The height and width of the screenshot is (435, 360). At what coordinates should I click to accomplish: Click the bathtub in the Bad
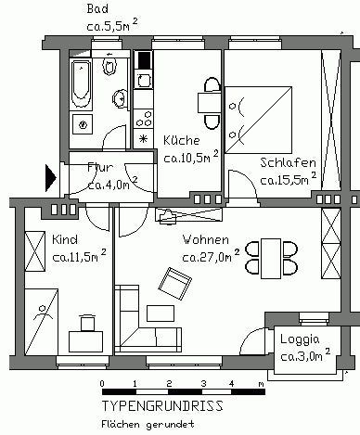[x=81, y=84]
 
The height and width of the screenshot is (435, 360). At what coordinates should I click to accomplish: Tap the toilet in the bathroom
[x=109, y=64]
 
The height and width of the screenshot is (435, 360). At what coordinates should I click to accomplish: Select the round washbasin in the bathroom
[x=120, y=98]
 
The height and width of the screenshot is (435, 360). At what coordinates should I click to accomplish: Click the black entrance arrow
[x=51, y=178]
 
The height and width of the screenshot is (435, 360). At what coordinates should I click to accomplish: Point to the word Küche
[x=182, y=140]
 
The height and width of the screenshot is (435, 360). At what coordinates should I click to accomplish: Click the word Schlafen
[x=288, y=162]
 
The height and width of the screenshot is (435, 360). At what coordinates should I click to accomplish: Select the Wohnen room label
[x=206, y=239]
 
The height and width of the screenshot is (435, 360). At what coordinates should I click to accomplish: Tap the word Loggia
[x=300, y=339]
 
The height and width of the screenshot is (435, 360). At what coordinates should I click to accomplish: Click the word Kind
[x=65, y=239]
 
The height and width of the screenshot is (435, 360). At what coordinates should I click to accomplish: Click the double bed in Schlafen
[x=259, y=120]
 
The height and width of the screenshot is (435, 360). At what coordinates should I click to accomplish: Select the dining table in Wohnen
[x=271, y=259]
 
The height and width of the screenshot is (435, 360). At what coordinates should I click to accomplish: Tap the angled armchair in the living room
[x=174, y=284]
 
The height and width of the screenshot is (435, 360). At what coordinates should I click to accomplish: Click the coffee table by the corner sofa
[x=161, y=313]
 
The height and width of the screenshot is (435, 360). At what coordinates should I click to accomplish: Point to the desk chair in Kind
[x=87, y=323]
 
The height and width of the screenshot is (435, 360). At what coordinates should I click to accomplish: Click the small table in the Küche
[x=210, y=102]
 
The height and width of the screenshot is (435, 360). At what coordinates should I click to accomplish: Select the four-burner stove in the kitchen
[x=144, y=118]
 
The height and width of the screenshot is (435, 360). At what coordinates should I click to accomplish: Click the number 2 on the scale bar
[x=169, y=384]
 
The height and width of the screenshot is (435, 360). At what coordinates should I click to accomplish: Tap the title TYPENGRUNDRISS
[x=162, y=405]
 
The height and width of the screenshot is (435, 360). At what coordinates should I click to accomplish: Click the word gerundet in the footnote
[x=170, y=425]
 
